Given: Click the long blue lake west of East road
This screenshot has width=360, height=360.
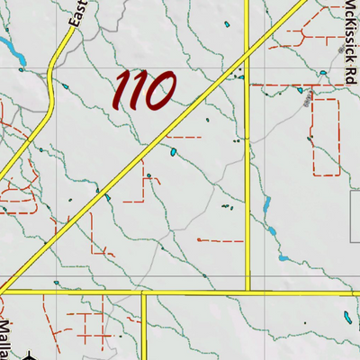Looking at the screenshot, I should pos(12,44).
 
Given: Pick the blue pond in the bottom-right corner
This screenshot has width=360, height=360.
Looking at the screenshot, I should pos(346,317).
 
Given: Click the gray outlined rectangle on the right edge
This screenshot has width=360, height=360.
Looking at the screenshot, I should pos(356,202).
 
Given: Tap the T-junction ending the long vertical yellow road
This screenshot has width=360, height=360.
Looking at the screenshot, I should pos(247,292).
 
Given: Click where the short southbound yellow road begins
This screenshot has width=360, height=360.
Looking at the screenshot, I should pos(144,292).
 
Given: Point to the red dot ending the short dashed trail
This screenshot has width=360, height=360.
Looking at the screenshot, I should pos(196,240).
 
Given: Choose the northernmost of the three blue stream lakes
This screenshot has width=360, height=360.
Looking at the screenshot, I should pos(267,205).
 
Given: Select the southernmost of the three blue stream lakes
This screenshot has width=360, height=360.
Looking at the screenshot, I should pos(284,258).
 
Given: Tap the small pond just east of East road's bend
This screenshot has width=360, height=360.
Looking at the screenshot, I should pos(66,86).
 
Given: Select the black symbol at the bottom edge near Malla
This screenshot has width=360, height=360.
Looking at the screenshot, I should pos(30,356).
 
